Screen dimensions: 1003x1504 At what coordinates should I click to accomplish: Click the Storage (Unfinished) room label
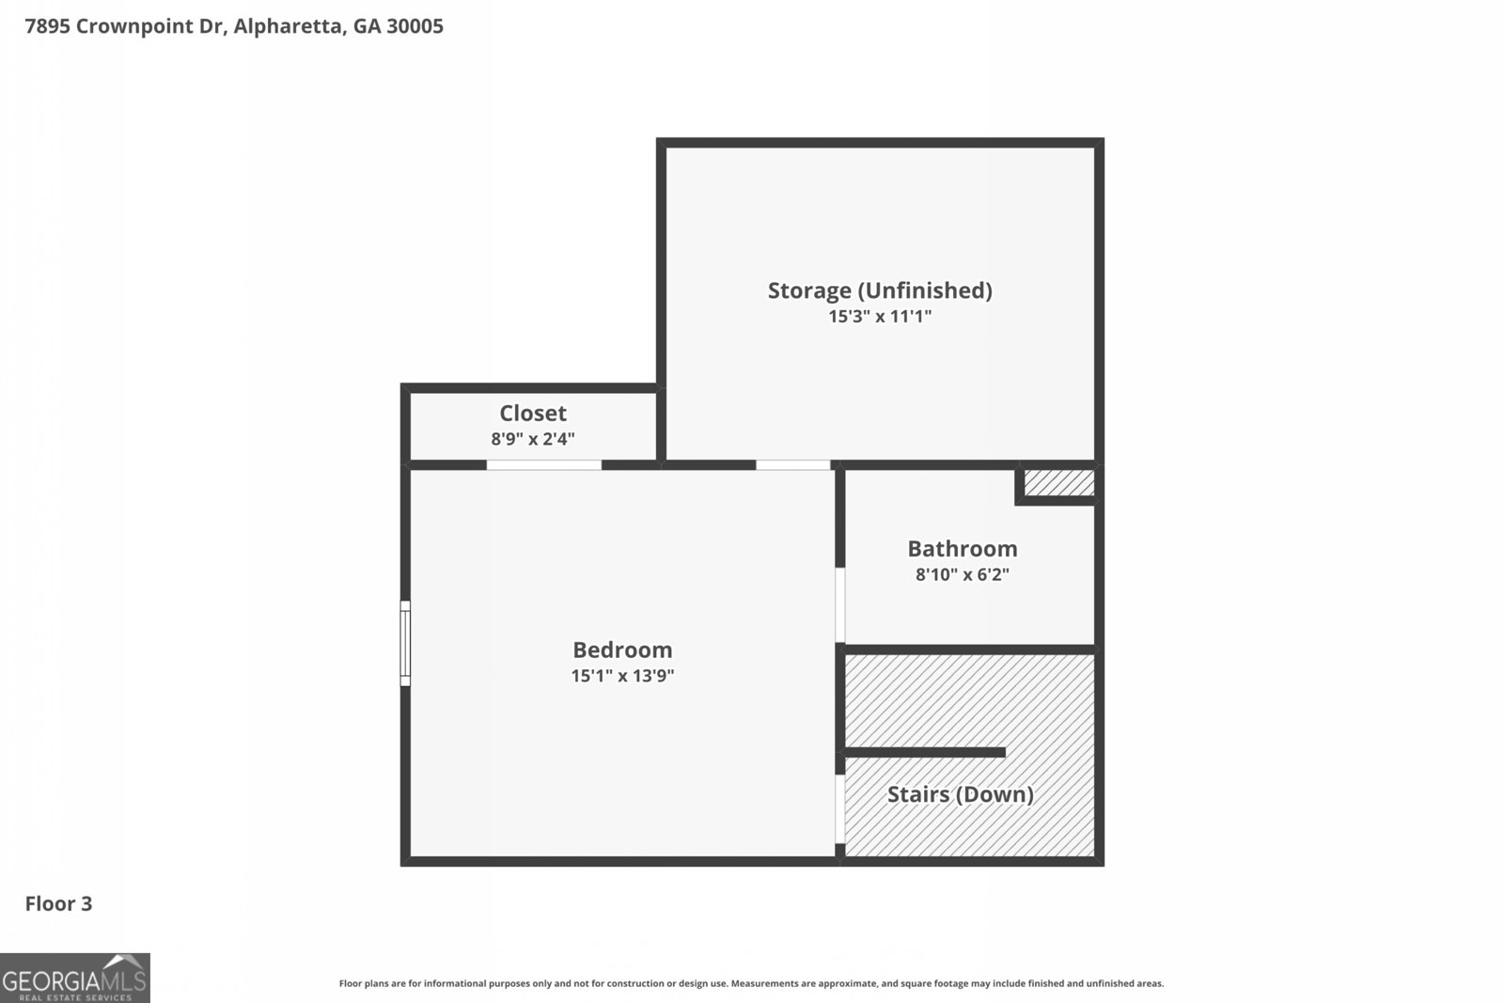[880, 290]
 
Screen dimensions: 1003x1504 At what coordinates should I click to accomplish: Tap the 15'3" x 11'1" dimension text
[880, 317]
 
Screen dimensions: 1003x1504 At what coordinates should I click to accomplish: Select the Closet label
[533, 414]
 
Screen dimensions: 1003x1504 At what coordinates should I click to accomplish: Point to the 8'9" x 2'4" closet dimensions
[533, 439]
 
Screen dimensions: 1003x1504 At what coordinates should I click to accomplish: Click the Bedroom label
[622, 650]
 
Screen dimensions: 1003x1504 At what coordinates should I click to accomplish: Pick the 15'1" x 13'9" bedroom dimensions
[622, 676]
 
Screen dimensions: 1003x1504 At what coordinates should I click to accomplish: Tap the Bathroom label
[963, 549]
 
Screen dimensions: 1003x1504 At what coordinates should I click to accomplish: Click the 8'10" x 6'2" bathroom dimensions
[963, 574]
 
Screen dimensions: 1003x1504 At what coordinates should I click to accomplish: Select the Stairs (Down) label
[961, 794]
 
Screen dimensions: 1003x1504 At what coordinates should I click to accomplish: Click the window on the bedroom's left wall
[405, 644]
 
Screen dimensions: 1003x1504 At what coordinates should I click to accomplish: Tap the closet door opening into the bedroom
[544, 464]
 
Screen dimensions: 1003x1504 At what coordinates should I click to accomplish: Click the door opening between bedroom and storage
[792, 464]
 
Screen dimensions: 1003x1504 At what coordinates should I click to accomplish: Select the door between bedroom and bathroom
[840, 605]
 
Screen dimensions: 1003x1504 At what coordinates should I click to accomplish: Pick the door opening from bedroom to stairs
[840, 808]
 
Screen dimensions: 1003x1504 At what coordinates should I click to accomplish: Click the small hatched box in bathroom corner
[1058, 483]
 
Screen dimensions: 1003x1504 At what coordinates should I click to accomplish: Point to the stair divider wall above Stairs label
[926, 752]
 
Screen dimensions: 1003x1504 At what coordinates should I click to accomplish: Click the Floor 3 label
[58, 904]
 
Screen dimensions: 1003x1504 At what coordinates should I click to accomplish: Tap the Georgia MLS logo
[75, 978]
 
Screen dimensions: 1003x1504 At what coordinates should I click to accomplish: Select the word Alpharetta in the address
[287, 26]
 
